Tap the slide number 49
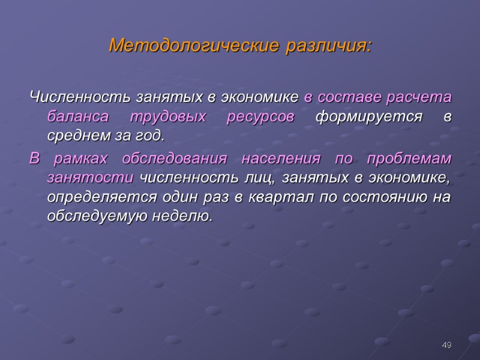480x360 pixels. click(446, 345)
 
